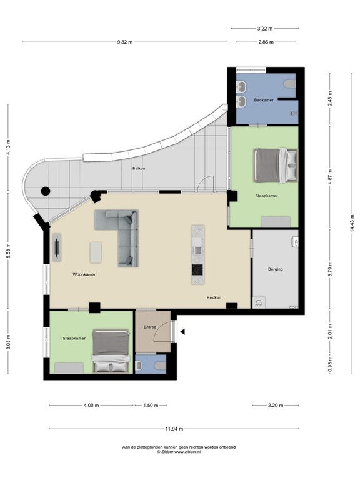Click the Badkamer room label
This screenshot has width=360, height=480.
[264, 100]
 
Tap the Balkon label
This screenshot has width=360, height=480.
[139, 168]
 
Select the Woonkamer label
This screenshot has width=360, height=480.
[84, 274]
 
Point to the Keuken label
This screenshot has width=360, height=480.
[214, 297]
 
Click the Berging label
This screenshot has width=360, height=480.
[275, 269]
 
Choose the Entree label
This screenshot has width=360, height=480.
[150, 327]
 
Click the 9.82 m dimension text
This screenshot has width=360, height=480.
[125, 42]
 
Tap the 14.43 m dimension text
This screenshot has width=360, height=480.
[352, 222]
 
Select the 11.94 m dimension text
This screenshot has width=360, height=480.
[174, 429]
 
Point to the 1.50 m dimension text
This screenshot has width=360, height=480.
[151, 406]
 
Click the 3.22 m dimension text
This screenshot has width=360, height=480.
[265, 29]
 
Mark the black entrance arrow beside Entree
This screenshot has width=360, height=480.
[182, 332]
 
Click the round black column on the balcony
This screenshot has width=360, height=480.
[46, 191]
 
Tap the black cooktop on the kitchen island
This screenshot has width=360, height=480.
[197, 270]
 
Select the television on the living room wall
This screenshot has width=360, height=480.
[57, 247]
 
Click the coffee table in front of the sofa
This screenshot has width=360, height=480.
[96, 252]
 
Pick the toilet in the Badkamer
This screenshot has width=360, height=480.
[290, 84]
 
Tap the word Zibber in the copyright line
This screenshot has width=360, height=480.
[167, 451]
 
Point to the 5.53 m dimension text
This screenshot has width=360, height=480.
[9, 251]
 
